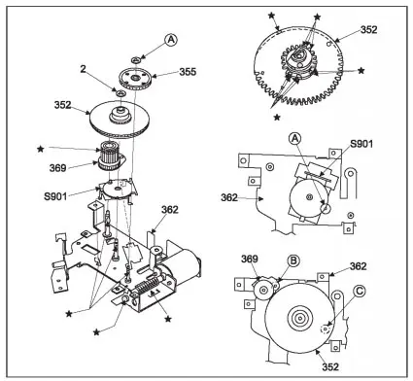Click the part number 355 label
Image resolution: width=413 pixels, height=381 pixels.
pyautogui.click(x=188, y=71)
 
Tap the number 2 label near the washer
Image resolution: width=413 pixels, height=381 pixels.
pyautogui.click(x=84, y=69)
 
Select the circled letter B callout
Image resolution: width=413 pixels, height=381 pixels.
pyautogui.click(x=293, y=260)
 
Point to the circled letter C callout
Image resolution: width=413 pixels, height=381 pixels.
pyautogui.click(x=360, y=292)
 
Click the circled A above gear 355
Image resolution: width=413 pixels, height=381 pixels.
pyautogui.click(x=171, y=40)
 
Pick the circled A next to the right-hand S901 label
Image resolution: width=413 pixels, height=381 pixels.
pyautogui.click(x=294, y=139)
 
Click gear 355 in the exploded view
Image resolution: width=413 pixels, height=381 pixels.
pyautogui.click(x=135, y=79)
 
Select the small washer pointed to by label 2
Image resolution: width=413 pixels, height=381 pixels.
pyautogui.click(x=120, y=93)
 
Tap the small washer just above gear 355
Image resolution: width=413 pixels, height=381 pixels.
pyautogui.click(x=136, y=59)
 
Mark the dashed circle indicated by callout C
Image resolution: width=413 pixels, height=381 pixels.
pyautogui.click(x=325, y=329)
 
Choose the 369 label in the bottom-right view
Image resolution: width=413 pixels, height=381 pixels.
pyautogui.click(x=250, y=259)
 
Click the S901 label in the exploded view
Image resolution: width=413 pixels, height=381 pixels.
pyautogui.click(x=55, y=196)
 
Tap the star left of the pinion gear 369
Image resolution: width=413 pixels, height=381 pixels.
pyautogui.click(x=41, y=149)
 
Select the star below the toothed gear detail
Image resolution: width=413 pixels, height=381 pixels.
pyautogui.click(x=277, y=117)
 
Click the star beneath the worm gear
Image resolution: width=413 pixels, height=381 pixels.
pyautogui.click(x=168, y=319)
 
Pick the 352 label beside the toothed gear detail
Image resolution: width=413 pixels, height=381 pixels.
pyautogui.click(x=369, y=30)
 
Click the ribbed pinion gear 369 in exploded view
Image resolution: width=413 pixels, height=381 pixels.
pyautogui.click(x=110, y=155)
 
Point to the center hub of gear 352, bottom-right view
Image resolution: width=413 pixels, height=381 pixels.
pyautogui.click(x=300, y=318)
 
